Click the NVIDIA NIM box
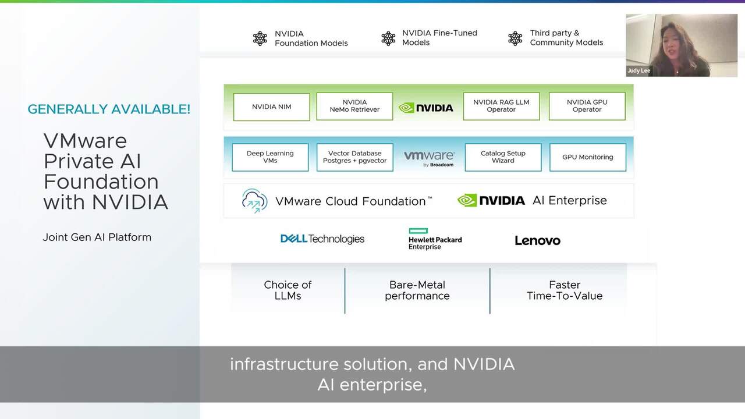[x=271, y=107]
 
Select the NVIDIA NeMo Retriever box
[x=354, y=106]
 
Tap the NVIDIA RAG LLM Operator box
[x=501, y=106]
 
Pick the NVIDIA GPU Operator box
[x=587, y=106]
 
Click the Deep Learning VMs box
[x=270, y=157]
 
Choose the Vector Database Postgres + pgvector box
[x=354, y=157]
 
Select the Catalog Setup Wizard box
[x=503, y=157]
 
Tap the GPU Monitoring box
[x=587, y=157]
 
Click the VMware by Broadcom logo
[x=429, y=158]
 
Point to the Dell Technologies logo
[x=322, y=239]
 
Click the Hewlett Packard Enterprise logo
[x=435, y=239]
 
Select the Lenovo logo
[x=537, y=240]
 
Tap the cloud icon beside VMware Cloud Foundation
[x=254, y=201]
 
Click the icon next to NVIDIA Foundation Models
[x=260, y=38]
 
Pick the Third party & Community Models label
[x=566, y=38]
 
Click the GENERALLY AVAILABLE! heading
[x=109, y=109]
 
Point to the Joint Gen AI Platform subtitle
[x=97, y=237]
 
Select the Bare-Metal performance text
[x=417, y=290]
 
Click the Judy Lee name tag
[x=638, y=70]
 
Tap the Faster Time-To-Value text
[x=564, y=290]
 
